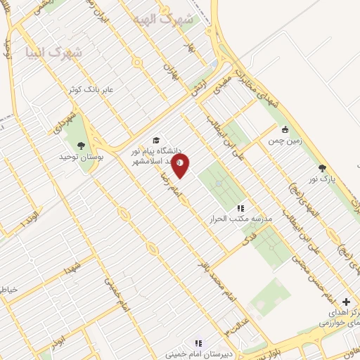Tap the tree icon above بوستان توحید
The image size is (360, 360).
tap(82, 146)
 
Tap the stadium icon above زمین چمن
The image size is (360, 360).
tap(285, 129)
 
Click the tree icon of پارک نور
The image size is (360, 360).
tap(322, 167)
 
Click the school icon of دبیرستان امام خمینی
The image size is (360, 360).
tap(199, 343)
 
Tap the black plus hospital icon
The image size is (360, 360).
tap(345, 302)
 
